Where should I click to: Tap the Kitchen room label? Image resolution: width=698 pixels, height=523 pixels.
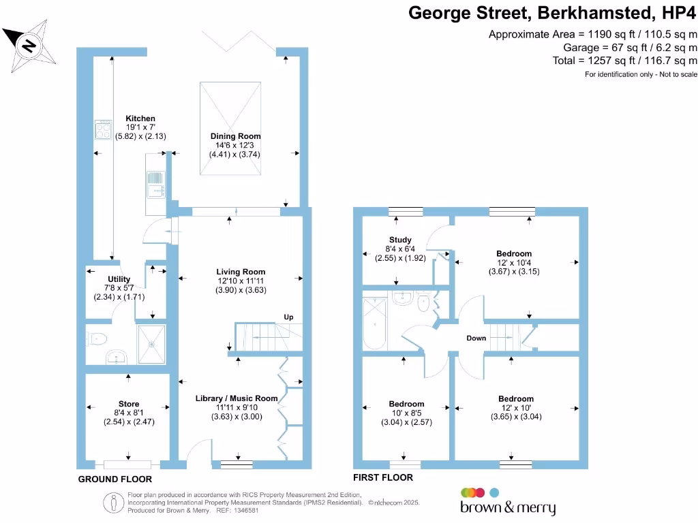[140, 118]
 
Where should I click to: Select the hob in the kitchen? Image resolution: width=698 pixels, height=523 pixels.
[104, 129]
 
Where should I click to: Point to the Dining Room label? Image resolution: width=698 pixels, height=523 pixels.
[235, 136]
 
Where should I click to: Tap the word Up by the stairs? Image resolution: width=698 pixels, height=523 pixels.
[289, 317]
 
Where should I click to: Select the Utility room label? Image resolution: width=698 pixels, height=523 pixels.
[119, 279]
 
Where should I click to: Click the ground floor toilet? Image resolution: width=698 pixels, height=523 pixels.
[97, 337]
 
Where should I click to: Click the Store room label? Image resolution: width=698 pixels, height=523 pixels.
[129, 405]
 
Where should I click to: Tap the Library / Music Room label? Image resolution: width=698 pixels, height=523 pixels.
[237, 398]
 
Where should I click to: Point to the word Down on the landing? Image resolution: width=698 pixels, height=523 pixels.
[476, 338]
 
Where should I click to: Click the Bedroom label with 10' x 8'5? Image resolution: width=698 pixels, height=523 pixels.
[406, 404]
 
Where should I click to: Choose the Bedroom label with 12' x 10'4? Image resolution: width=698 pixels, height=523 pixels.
[514, 254]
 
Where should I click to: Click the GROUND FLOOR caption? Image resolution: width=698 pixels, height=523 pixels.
[115, 479]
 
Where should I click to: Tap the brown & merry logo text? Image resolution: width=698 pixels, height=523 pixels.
[508, 507]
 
